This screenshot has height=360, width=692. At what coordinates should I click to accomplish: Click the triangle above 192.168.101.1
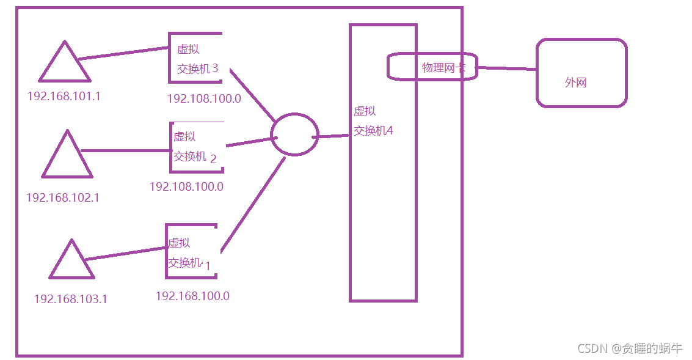click(x=65, y=64)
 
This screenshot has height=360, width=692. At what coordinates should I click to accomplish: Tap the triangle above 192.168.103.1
click(x=73, y=261)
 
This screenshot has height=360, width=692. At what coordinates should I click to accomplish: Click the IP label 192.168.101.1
click(x=64, y=97)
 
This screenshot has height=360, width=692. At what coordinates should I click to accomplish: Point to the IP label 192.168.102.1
click(x=62, y=197)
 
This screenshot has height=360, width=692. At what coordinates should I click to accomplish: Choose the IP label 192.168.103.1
click(x=70, y=299)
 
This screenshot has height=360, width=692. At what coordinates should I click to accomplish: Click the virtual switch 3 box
click(x=195, y=58)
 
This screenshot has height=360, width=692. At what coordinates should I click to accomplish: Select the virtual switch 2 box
click(x=196, y=147)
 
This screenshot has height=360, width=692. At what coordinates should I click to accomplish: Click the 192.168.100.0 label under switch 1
click(x=192, y=296)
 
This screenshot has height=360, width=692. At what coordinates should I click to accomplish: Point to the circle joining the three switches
click(x=294, y=134)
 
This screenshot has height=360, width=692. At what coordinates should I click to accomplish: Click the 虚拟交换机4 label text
click(x=373, y=121)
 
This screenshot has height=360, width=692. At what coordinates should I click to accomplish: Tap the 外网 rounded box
click(x=581, y=73)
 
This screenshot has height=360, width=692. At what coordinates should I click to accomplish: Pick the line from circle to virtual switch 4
click(x=333, y=136)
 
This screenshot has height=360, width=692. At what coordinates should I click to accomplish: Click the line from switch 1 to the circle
click(x=252, y=205)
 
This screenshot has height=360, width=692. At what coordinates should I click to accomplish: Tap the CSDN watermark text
click(x=630, y=348)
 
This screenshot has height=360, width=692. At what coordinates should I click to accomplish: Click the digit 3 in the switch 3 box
click(x=215, y=68)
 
